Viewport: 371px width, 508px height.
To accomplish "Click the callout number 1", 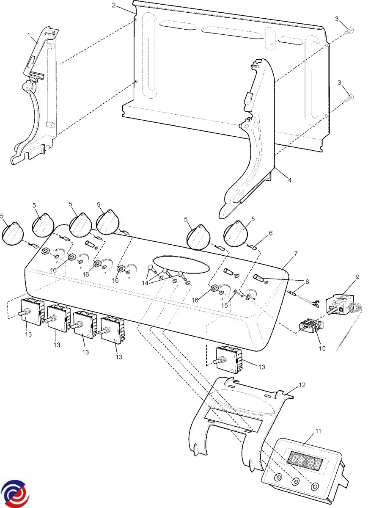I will [x=29, y=36].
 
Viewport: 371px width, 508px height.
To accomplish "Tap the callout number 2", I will [x=114, y=5].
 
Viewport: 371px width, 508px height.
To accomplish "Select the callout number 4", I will [x=289, y=180].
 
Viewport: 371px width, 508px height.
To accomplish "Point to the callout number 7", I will [x=296, y=253].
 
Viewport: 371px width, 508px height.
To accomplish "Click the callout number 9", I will [x=357, y=277].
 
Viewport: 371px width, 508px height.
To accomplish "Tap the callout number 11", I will [x=318, y=431].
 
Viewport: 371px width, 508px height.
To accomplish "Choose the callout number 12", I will [x=302, y=385].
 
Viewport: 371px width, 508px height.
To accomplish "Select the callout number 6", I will [x=270, y=232].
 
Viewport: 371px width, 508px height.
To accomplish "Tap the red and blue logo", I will [x=14, y=494].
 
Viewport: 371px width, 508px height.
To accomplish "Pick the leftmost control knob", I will [x=14, y=233].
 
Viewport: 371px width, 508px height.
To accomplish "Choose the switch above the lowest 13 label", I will [x=228, y=359].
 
